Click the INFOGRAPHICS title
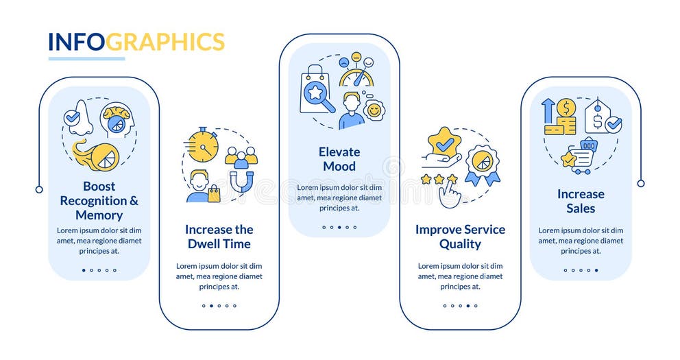(x=136, y=42)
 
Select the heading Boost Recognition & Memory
(x=99, y=200)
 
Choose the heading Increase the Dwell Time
(x=219, y=237)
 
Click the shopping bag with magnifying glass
(x=317, y=91)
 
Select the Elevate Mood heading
(x=339, y=159)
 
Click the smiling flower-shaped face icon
(x=374, y=110)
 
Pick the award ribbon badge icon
(x=483, y=165)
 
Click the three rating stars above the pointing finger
(x=439, y=179)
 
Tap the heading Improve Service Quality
(x=460, y=237)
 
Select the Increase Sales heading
(x=581, y=201)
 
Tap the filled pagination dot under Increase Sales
(x=596, y=270)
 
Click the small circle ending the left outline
(x=39, y=189)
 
